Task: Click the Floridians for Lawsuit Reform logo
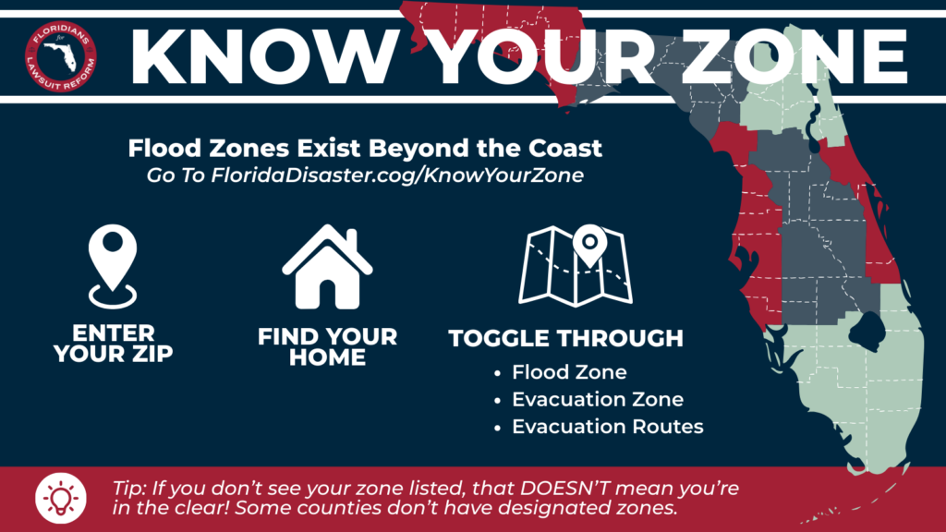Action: click(x=61, y=56)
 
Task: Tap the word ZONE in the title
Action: click(x=795, y=55)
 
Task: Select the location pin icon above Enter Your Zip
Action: click(x=113, y=267)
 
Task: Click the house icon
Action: click(x=327, y=267)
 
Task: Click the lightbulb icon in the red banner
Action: click(x=61, y=498)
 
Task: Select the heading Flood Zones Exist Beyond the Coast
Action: click(x=365, y=149)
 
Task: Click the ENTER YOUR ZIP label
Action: click(x=114, y=344)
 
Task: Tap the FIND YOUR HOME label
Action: click(x=328, y=347)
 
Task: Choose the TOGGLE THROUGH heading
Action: click(x=566, y=338)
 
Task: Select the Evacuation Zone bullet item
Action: click(x=598, y=399)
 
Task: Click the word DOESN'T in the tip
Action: click(x=564, y=488)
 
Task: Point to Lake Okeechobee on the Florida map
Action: click(x=867, y=331)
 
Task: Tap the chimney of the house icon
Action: click(x=352, y=239)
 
